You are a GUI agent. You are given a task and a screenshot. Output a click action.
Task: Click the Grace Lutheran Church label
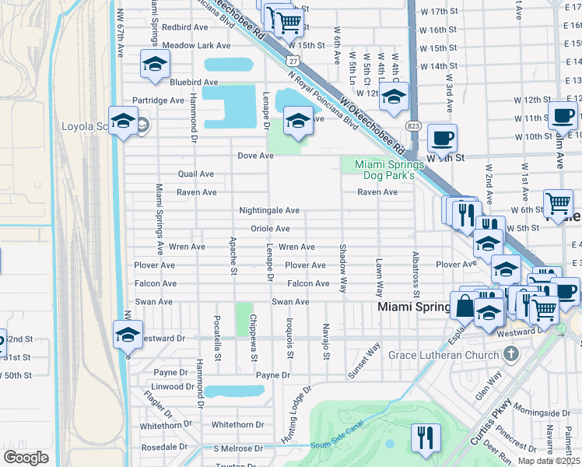(x=444, y=356)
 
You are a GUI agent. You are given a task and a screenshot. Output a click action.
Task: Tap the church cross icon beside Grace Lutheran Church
(x=510, y=355)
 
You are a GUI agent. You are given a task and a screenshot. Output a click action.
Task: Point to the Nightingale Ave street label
(x=269, y=211)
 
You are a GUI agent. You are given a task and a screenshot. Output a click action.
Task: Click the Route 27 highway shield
(x=291, y=59)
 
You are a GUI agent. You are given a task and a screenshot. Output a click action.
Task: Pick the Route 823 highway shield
(x=413, y=125)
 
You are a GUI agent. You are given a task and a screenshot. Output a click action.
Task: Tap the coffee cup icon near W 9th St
(x=442, y=138)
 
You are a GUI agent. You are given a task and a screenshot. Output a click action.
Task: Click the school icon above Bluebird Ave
(x=155, y=64)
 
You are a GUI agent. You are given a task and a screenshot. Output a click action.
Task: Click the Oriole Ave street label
(x=270, y=229)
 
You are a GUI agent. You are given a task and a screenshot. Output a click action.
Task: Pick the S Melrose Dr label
(x=238, y=449)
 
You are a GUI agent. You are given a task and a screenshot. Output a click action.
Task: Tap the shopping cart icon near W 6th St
(x=557, y=204)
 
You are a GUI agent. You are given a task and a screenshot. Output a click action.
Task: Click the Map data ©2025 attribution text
(x=549, y=460)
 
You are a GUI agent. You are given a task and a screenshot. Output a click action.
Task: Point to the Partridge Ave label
(x=158, y=100)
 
